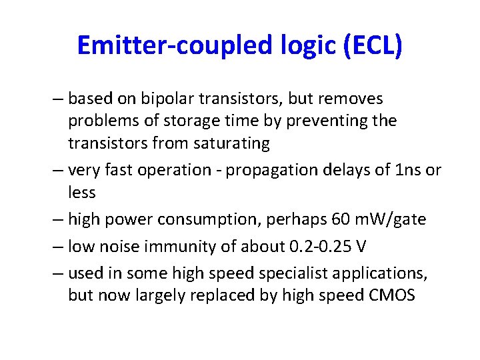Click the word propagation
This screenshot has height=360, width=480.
(x=265, y=171)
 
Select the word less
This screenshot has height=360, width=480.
(x=82, y=193)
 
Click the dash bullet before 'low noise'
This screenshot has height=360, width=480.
(x=56, y=247)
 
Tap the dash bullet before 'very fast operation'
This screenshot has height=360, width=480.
(x=56, y=171)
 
